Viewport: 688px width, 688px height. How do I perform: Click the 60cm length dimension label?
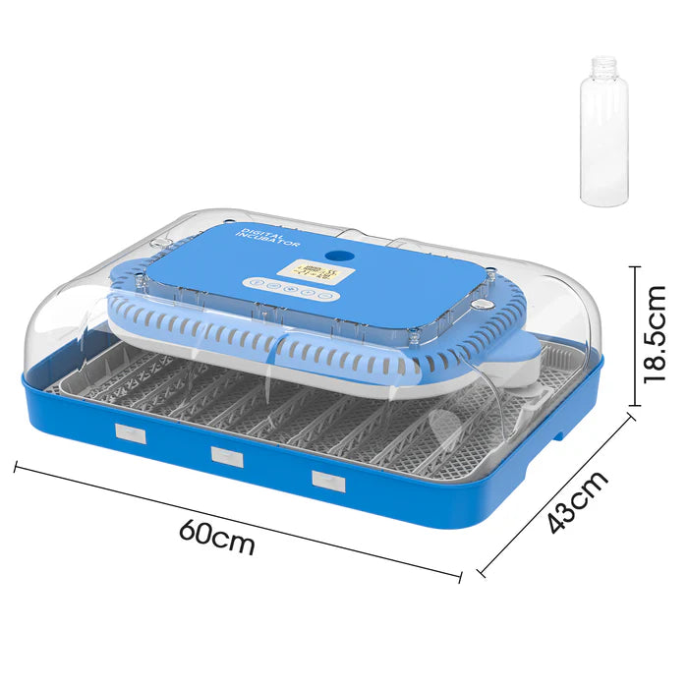tap(217, 536)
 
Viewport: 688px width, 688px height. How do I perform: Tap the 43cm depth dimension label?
tap(578, 501)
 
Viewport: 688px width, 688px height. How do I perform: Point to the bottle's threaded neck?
tap(603, 67)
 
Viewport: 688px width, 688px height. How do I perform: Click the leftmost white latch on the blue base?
tap(130, 432)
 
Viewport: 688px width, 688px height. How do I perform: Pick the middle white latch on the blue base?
tap(226, 455)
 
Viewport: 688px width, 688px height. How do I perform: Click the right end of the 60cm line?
tap(460, 575)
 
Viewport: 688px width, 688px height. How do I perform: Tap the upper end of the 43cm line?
tap(630, 419)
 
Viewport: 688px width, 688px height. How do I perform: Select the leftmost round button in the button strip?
tap(255, 282)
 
